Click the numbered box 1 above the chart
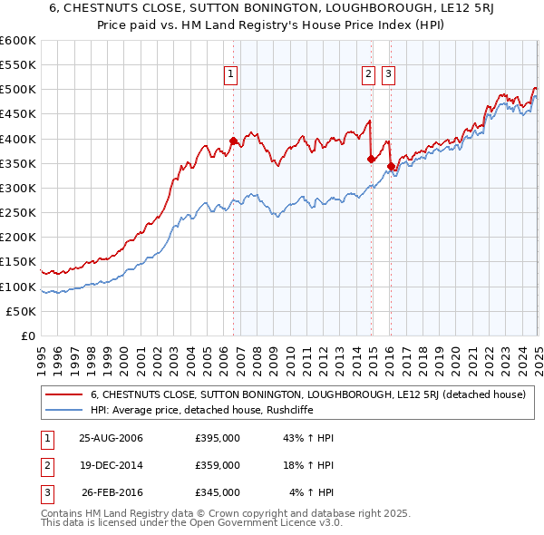(x=231, y=75)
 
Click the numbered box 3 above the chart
(x=388, y=75)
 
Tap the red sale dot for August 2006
(x=233, y=141)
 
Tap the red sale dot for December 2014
(x=372, y=159)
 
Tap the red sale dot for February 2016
(x=391, y=166)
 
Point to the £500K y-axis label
(x=18, y=90)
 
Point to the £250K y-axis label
(x=18, y=213)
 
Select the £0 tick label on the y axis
(x=27, y=336)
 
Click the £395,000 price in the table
(x=218, y=439)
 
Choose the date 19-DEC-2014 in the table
(x=112, y=465)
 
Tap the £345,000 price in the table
(x=218, y=492)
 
